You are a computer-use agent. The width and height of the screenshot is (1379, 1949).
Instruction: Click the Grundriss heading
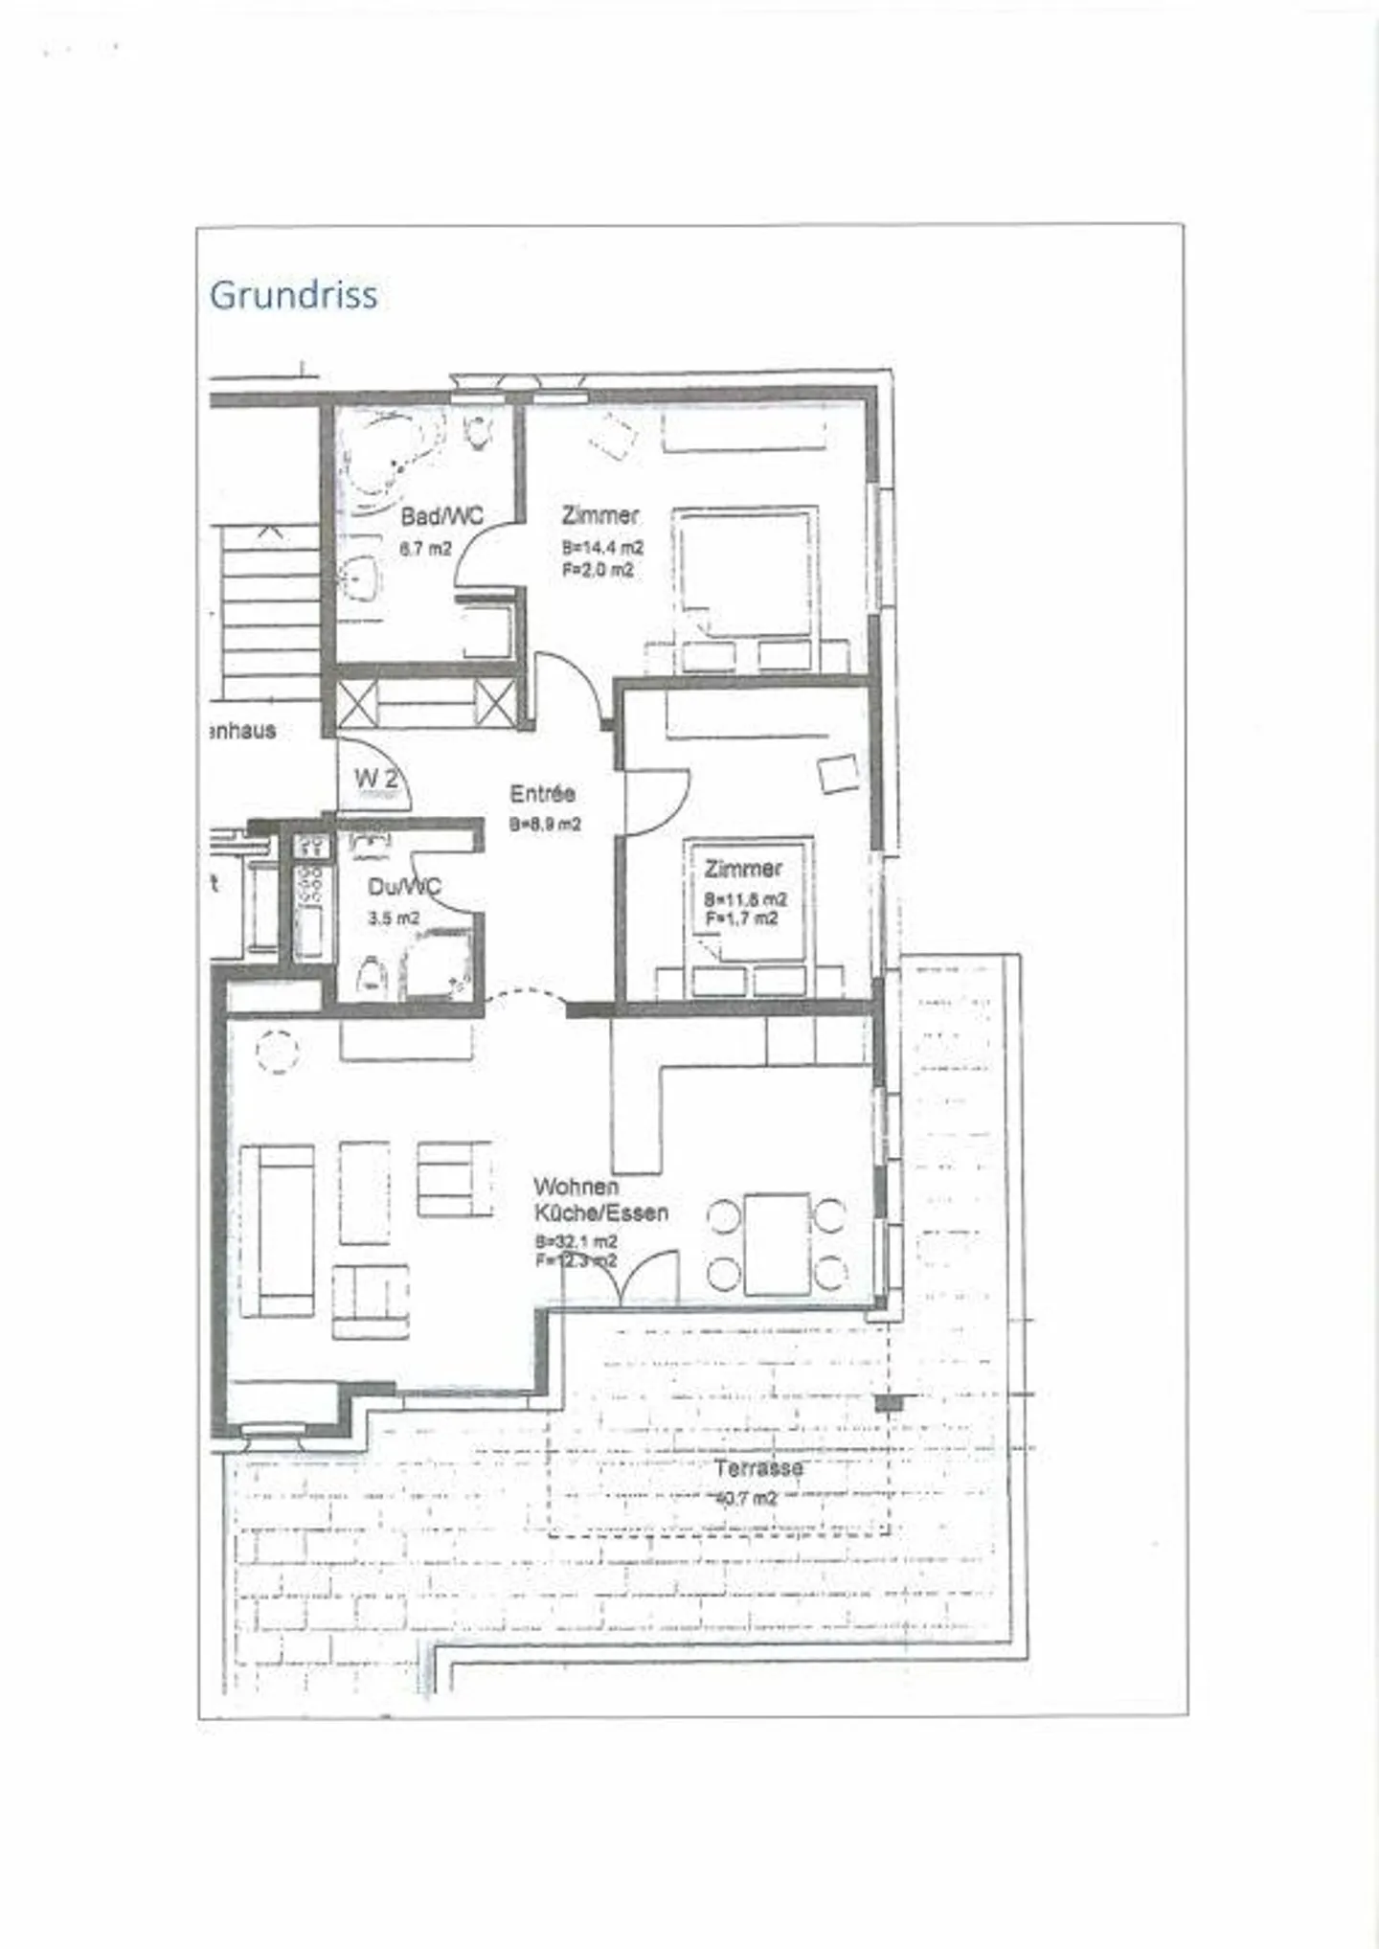[293, 295]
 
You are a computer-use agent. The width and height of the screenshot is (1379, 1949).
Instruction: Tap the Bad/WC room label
[441, 517]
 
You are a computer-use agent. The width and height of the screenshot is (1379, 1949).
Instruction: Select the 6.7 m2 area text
[424, 550]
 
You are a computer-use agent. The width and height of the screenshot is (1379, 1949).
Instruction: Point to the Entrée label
[542, 794]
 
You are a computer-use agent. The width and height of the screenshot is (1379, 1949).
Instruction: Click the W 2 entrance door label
[375, 780]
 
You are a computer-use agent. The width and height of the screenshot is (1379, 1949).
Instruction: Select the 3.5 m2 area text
[394, 918]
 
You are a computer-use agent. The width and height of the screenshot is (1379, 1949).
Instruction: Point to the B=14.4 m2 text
[602, 549]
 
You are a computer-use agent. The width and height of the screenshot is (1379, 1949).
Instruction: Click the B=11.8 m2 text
[745, 900]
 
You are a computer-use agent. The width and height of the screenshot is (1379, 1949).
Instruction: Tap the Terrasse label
[757, 1468]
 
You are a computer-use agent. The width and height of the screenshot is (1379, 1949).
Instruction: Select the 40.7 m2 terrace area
[747, 1498]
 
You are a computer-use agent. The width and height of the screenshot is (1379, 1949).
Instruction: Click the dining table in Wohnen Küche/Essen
[778, 1244]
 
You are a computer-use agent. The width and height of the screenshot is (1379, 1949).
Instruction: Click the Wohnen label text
[576, 1188]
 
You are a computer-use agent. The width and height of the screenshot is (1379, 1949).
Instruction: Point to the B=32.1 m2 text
[576, 1243]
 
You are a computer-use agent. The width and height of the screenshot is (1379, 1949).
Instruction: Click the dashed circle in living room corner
[277, 1051]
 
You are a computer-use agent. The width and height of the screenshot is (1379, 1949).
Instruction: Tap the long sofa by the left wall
[277, 1230]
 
